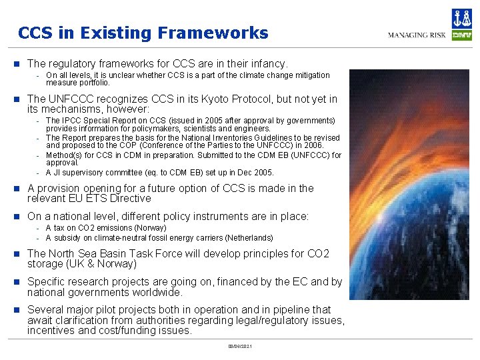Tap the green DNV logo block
462,35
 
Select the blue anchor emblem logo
462,18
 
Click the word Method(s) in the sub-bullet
64,155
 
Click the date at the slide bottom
239,346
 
